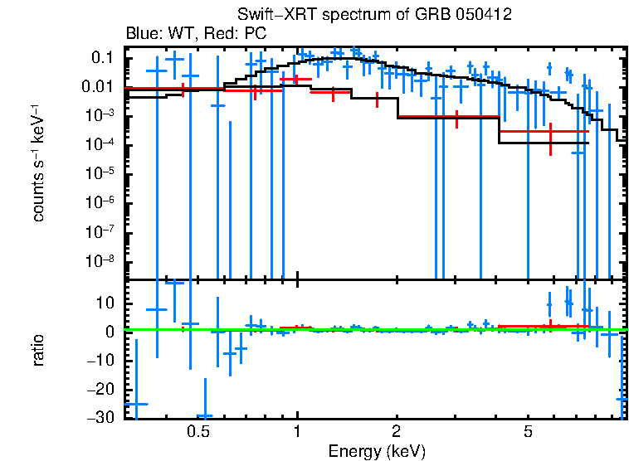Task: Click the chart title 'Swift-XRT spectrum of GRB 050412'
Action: [374, 15]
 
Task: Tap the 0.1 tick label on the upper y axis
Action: [102, 58]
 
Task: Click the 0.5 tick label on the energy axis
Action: [197, 431]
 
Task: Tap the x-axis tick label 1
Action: [297, 431]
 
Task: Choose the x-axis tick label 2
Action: [397, 431]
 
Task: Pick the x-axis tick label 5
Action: [528, 431]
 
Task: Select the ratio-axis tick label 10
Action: [106, 303]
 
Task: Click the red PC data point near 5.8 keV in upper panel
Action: [550, 132]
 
